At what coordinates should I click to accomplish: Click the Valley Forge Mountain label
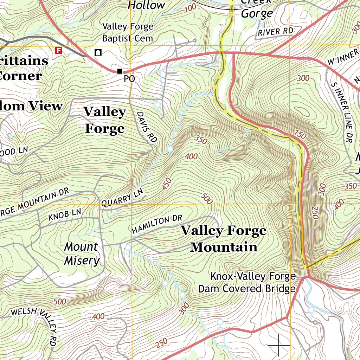[x=224, y=239]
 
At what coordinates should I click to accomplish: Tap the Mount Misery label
[x=82, y=253]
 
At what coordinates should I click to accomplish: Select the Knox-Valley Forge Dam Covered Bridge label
[x=247, y=283]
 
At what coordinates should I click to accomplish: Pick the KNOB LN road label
[x=65, y=215]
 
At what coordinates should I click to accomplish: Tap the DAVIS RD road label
[x=147, y=127]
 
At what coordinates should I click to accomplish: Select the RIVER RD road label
[x=275, y=32]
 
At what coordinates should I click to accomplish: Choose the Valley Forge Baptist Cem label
[x=128, y=32]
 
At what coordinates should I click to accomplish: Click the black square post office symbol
[x=120, y=71]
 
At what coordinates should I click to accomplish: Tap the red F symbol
[x=58, y=50]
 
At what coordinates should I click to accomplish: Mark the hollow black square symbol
[x=98, y=53]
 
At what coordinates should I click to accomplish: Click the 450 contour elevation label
[x=167, y=184]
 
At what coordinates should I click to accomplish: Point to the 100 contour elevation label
[x=190, y=8]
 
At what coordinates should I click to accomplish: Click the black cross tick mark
[x=279, y=345]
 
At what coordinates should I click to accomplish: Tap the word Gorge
[x=257, y=14]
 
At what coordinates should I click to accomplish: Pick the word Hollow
[x=146, y=5]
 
